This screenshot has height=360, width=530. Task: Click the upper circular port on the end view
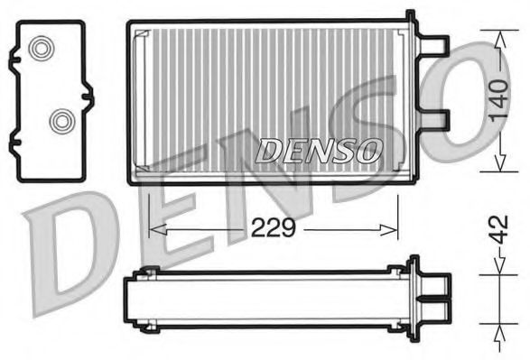click(40, 49)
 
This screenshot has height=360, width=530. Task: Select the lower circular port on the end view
click(61, 119)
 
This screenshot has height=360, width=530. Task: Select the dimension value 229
click(274, 227)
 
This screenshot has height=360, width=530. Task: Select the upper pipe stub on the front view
click(436, 44)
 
